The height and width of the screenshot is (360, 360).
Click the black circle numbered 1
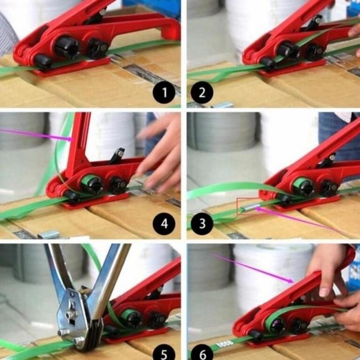[164, 94]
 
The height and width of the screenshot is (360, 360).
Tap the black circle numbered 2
[202, 94]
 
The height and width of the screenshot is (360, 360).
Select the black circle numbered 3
[202, 223]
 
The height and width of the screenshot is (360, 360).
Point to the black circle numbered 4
[164, 223]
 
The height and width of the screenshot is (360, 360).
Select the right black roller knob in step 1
[97, 48]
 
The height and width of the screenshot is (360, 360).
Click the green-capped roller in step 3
[304, 186]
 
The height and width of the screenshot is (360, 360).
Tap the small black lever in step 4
[117, 156]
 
